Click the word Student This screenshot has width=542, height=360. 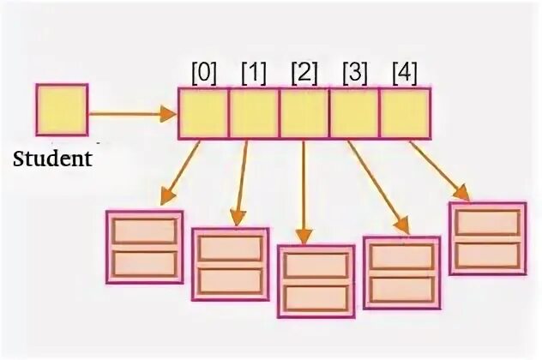tap(52, 159)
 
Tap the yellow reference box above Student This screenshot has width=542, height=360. tap(61, 110)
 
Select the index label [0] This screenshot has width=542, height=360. tap(203, 74)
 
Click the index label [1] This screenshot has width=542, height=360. tap(255, 74)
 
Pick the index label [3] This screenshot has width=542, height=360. tap(355, 74)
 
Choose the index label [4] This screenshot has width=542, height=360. tap(403, 74)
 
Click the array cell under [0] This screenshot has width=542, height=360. tap(203, 114)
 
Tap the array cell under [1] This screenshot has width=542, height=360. tap(254, 114)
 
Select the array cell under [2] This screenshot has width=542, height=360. tap(304, 114)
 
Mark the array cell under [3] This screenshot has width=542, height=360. tap(354, 114)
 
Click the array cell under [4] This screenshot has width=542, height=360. tap(404, 114)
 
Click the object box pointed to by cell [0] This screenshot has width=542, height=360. tap(144, 247)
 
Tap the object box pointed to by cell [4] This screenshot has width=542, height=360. tap(487, 238)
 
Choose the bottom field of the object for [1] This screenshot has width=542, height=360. tap(230, 279)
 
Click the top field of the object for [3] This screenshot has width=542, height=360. tap(401, 256)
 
